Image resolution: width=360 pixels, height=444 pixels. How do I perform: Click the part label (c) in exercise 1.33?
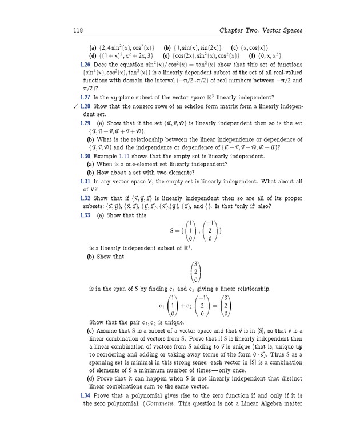pos(90,331)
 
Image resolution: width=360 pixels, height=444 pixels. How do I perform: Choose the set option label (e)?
pos(168,56)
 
